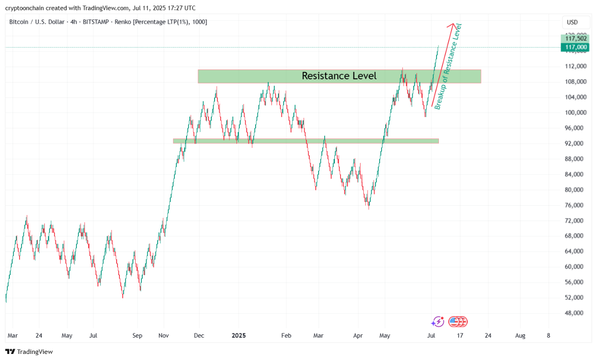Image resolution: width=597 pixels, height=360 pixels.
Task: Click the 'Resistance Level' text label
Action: [339, 76]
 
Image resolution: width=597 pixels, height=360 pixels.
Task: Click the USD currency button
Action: [572, 22]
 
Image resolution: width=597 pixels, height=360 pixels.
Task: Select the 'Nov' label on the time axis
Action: [163, 335]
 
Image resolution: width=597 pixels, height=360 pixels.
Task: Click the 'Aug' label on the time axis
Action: [520, 335]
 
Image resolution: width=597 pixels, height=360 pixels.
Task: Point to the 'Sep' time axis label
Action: [137, 335]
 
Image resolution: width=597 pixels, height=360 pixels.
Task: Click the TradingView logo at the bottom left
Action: [29, 352]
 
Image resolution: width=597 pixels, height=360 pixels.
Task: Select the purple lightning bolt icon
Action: [437, 321]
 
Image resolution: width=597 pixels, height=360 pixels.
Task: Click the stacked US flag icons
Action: [458, 321]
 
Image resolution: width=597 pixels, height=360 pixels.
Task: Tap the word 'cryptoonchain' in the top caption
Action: [24, 8]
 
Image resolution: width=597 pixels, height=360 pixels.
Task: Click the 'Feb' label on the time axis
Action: [286, 335]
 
